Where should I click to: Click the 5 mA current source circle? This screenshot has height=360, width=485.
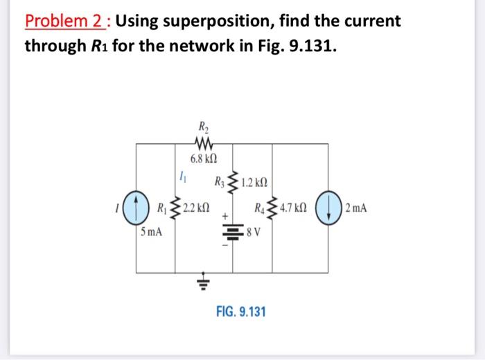pyautogui.click(x=136, y=208)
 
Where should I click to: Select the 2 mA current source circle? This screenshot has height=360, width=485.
pyautogui.click(x=328, y=208)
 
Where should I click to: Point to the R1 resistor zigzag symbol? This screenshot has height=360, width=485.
pyautogui.click(x=175, y=208)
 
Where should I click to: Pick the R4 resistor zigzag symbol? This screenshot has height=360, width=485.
pyautogui.click(x=272, y=208)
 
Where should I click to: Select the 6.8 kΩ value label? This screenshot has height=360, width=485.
pyautogui.click(x=204, y=159)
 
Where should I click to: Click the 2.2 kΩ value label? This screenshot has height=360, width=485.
pyautogui.click(x=196, y=208)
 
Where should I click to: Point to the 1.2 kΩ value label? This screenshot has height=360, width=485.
pyautogui.click(x=254, y=182)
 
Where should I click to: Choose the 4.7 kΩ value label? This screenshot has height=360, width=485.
pyautogui.click(x=293, y=208)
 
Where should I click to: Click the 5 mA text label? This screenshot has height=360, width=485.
pyautogui.click(x=151, y=231)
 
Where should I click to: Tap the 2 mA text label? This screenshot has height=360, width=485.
pyautogui.click(x=356, y=208)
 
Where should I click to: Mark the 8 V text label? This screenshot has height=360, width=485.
pyautogui.click(x=254, y=232)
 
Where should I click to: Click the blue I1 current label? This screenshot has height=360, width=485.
pyautogui.click(x=183, y=178)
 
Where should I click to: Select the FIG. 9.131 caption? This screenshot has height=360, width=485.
pyautogui.click(x=241, y=311)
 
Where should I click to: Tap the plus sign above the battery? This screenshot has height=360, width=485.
pyautogui.click(x=225, y=216)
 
